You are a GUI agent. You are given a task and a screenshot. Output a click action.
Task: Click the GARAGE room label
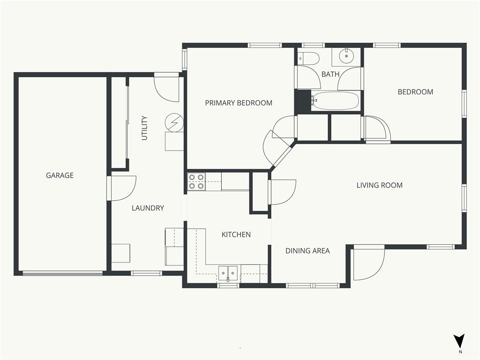pyautogui.click(x=60, y=175)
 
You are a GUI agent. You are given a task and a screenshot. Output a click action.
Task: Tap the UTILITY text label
pyautogui.click(x=144, y=128)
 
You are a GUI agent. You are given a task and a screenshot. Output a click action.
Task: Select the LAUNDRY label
pyautogui.click(x=148, y=208)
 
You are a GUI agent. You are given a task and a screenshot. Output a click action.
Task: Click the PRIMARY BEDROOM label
pyautogui.click(x=239, y=103)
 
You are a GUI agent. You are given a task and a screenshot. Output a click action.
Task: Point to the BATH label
pyautogui.click(x=330, y=74)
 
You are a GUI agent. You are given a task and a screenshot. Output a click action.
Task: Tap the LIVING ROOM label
pyautogui.click(x=380, y=185)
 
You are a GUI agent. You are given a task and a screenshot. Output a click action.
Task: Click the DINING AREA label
pyautogui.click(x=307, y=251)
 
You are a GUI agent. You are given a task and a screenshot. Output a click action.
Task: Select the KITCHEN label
pyautogui.click(x=236, y=235)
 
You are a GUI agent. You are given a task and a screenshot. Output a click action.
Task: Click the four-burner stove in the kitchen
pyautogui.click(x=196, y=181)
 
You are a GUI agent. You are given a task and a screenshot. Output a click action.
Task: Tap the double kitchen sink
pyautogui.click(x=228, y=273)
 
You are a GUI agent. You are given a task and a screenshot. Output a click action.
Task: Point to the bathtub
pyautogui.click(x=336, y=101)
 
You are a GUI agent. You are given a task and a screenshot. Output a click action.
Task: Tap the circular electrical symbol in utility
pyautogui.click(x=174, y=123)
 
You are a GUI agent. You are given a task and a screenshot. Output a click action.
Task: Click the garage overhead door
pyautogui.click(x=63, y=273)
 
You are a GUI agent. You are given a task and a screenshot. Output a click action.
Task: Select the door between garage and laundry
pyautogui.click(x=121, y=188)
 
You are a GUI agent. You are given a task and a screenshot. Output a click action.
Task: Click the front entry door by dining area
pyautogui.click(x=368, y=264)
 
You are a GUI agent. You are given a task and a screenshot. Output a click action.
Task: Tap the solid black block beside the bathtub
pyautogui.click(x=303, y=101)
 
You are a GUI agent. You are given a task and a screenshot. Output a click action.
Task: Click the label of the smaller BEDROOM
pyautogui.click(x=415, y=92)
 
